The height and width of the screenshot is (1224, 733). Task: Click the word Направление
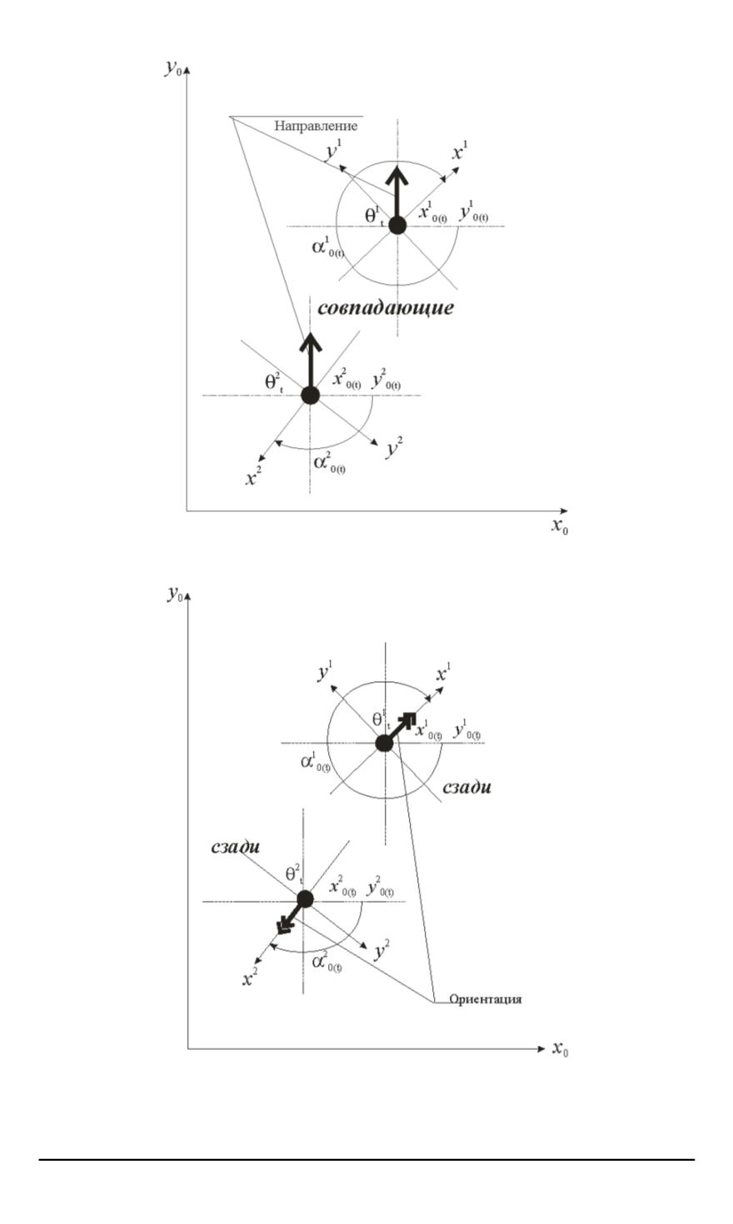(316, 126)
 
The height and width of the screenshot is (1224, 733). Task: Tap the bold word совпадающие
(385, 307)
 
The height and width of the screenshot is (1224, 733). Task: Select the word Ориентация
(486, 998)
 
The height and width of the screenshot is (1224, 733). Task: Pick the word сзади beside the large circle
(466, 786)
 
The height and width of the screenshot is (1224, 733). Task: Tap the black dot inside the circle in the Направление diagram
(397, 225)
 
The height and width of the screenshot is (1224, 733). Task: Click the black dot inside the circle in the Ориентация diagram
(383, 743)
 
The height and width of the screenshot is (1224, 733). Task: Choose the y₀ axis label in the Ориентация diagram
(176, 594)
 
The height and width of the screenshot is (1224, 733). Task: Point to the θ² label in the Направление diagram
(275, 381)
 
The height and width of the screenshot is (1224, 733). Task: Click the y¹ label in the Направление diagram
(332, 152)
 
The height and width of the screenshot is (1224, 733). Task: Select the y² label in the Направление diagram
(394, 450)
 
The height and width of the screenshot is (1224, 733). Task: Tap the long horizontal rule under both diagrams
(367, 1158)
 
